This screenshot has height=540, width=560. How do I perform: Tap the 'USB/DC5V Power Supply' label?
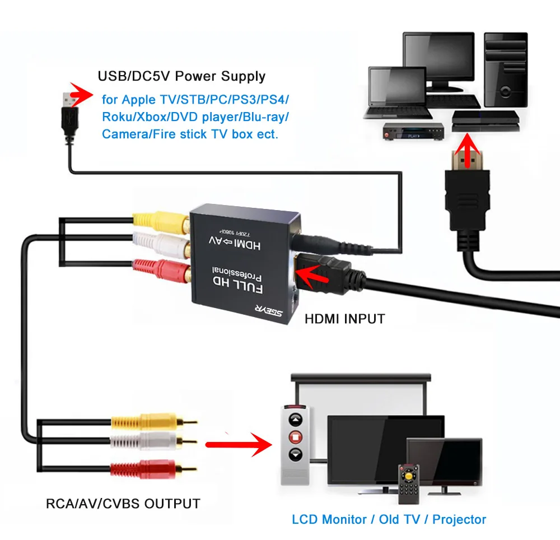pyautogui.click(x=181, y=76)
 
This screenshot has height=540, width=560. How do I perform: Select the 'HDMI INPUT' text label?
pyautogui.click(x=344, y=319)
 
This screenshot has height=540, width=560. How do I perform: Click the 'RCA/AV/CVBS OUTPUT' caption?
pyautogui.click(x=123, y=503)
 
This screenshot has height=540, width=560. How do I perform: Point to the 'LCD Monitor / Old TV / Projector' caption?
pyautogui.click(x=389, y=519)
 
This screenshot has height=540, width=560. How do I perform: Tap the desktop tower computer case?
pyautogui.click(x=506, y=70)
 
